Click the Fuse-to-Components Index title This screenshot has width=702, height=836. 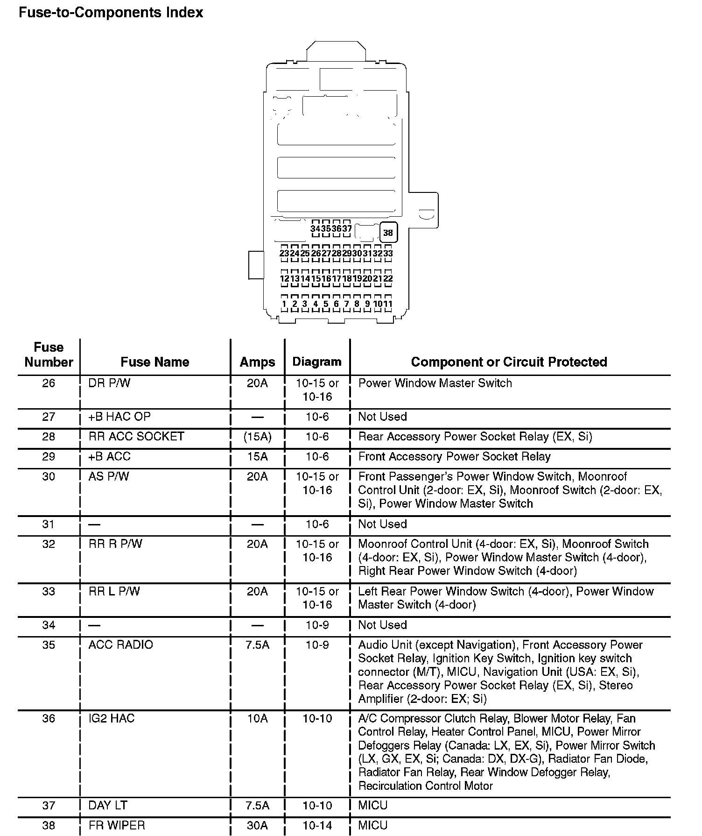coord(111,12)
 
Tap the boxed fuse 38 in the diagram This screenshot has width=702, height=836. coord(388,232)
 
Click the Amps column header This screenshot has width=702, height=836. coord(257,362)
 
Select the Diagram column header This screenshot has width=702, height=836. coord(317,362)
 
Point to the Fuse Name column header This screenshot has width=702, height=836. coord(155,362)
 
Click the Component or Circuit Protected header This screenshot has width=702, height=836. coord(509,362)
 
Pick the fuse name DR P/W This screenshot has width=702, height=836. coord(109,383)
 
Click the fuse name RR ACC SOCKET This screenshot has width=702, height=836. coord(136,437)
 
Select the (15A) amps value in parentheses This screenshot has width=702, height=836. coord(257,437)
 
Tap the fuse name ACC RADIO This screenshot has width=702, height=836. coord(120,645)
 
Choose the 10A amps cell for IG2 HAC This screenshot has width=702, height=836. coord(257,718)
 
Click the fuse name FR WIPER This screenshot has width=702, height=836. coord(117,825)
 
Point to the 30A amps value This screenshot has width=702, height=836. coord(257,825)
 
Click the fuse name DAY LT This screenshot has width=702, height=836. coord(108,805)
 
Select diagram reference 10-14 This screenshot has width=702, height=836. coord(317,825)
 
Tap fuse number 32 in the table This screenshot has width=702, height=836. coord(49,544)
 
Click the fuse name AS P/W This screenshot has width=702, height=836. coord(109,477)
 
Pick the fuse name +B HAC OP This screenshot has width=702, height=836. coord(119,417)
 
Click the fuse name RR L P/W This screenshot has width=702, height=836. coord(114,592)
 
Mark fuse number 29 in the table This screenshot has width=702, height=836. coord(49,457)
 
